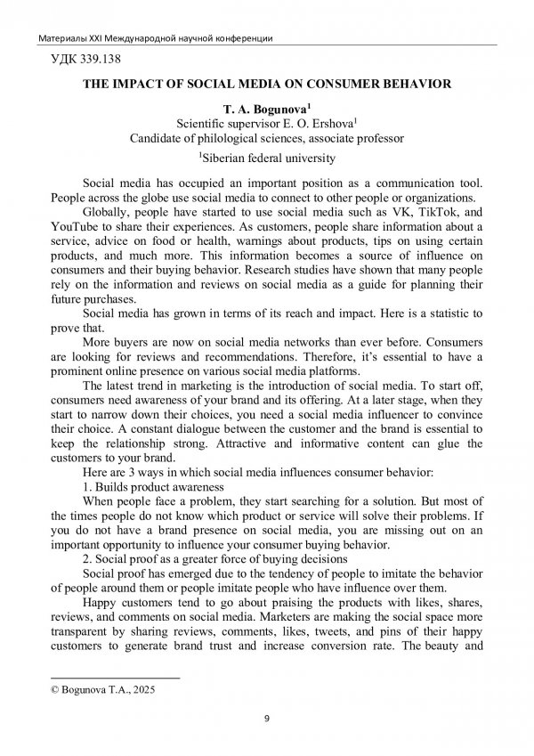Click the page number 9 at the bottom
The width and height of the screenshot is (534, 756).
267,719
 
